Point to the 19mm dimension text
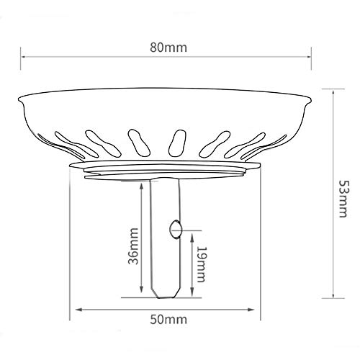click(202, 264)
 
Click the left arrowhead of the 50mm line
click(73, 310)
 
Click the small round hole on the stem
click(173, 229)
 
